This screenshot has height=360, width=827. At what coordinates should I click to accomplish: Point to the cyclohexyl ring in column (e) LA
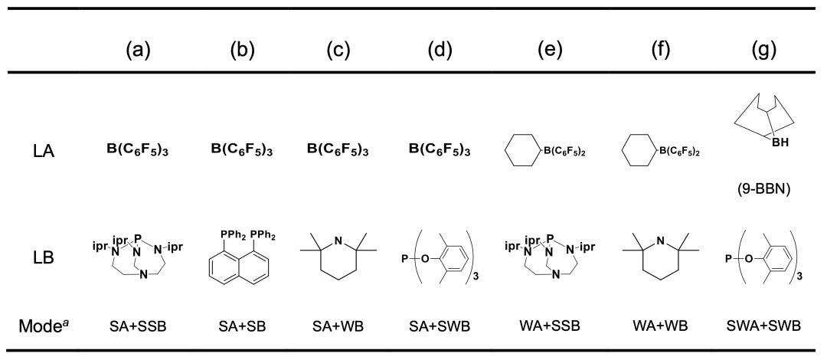pyautogui.click(x=526, y=150)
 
